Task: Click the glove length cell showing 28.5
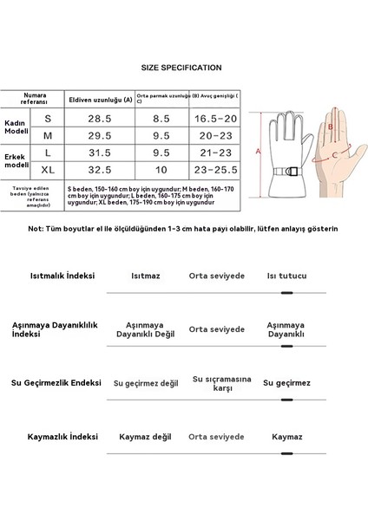[102, 118]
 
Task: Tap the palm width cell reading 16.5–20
[214, 118]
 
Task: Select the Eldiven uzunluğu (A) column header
[102, 98]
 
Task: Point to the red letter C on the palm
[335, 157]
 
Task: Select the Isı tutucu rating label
[286, 276]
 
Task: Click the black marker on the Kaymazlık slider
[287, 453]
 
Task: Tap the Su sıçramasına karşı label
[216, 382]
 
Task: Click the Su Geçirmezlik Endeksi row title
[56, 382]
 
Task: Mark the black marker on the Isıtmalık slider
[287, 294]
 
